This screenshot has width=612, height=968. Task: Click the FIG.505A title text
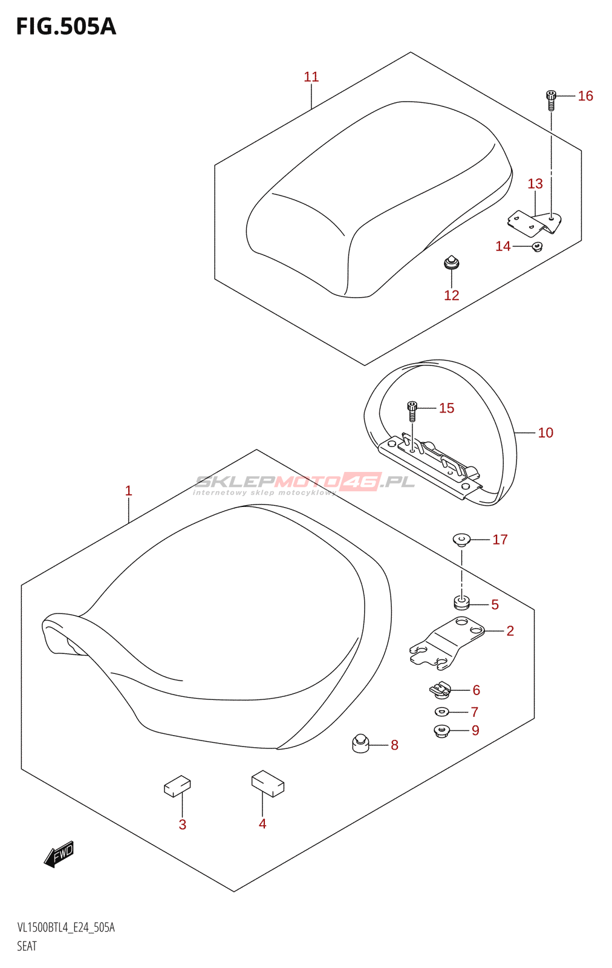point(65,27)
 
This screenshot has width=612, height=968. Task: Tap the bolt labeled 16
point(551,100)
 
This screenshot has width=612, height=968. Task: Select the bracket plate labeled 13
point(535,222)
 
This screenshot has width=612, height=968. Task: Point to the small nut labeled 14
point(536,246)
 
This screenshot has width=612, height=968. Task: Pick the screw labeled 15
point(412,410)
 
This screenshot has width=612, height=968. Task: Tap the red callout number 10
point(545,433)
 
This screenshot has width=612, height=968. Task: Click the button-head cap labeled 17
point(461,539)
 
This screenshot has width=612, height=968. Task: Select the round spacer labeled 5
point(461,603)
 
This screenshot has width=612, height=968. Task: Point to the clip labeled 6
point(441,688)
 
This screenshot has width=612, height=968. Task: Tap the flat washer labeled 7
point(442,711)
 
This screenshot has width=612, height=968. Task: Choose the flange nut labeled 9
point(441,731)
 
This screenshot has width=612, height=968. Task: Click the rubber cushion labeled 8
point(360,743)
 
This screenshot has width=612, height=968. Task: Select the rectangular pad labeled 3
point(177,786)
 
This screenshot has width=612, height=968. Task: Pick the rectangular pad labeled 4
point(268,783)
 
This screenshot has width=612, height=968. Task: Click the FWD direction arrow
point(59,854)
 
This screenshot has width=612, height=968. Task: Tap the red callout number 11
point(311,77)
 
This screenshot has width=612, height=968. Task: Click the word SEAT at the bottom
point(27,946)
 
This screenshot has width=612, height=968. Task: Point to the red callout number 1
point(128,491)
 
